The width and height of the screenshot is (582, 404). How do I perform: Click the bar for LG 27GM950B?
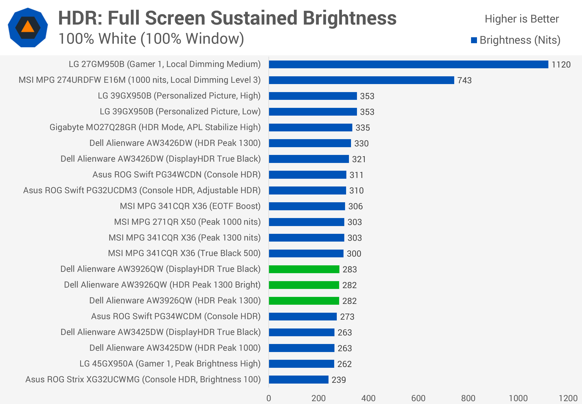[x=408, y=64]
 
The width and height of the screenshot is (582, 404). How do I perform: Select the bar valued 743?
[x=361, y=80]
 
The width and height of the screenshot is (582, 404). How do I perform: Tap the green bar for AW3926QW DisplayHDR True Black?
[x=304, y=269]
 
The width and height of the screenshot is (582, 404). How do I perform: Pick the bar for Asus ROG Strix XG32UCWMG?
[x=299, y=380]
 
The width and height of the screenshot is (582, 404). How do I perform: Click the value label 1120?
[x=561, y=65]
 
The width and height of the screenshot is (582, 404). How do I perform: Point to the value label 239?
[x=339, y=380]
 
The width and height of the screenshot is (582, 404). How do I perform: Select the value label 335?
[x=363, y=128]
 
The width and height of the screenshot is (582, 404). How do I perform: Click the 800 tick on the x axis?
[x=468, y=398]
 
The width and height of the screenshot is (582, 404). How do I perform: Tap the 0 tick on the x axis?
[x=269, y=398]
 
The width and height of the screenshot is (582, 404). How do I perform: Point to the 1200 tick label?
[x=568, y=398]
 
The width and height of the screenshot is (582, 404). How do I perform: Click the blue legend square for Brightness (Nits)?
[x=474, y=40]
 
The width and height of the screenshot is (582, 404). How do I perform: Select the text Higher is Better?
[x=522, y=19]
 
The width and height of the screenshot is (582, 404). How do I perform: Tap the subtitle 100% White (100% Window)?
[x=151, y=39]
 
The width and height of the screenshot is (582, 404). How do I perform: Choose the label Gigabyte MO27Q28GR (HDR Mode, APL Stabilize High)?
[x=155, y=127]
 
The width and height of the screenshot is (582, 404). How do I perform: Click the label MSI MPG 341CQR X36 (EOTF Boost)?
[x=190, y=206]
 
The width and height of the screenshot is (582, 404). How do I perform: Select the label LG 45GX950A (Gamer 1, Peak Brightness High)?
[x=170, y=364]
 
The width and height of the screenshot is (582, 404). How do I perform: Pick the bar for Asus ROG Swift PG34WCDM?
[x=303, y=317]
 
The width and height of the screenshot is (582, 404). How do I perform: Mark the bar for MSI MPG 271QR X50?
[x=307, y=222]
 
